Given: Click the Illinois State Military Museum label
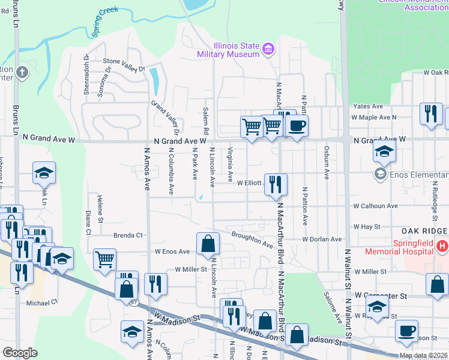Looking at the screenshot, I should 228,50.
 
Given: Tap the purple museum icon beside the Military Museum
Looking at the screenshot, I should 268,48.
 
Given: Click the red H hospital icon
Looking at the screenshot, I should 442,245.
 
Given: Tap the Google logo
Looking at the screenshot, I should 20,353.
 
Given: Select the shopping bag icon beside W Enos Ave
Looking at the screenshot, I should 208,244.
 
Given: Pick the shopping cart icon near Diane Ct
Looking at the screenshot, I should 104,260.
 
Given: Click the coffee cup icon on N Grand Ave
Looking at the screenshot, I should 297,126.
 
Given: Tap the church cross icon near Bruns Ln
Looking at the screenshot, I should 22,73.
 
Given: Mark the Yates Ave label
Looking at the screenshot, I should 368,106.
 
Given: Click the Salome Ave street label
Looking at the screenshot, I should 330,301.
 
